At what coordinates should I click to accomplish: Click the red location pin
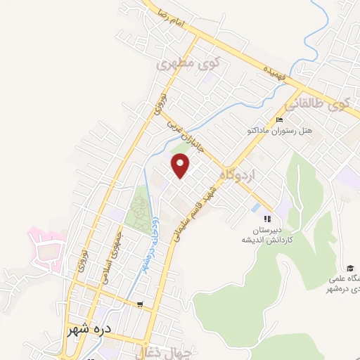(x=181, y=167)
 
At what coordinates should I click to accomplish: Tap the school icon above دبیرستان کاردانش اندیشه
(x=266, y=217)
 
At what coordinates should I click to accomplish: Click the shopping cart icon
(x=140, y=304)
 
